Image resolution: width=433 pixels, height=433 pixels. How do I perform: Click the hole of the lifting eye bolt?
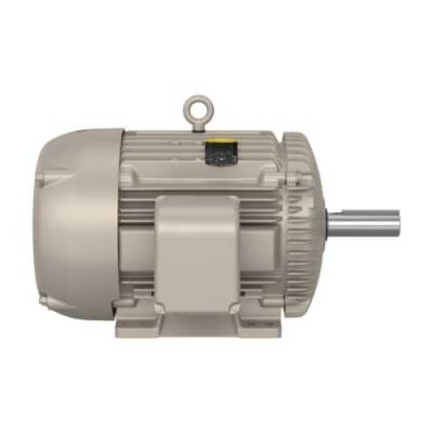[x=195, y=109]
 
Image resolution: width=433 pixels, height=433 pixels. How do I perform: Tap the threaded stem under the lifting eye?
[x=195, y=125]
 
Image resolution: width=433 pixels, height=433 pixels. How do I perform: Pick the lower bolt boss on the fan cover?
[x=42, y=299]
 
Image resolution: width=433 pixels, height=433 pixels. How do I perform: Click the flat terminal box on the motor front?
[x=195, y=251]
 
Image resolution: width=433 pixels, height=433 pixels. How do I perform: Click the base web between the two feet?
[x=197, y=322]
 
